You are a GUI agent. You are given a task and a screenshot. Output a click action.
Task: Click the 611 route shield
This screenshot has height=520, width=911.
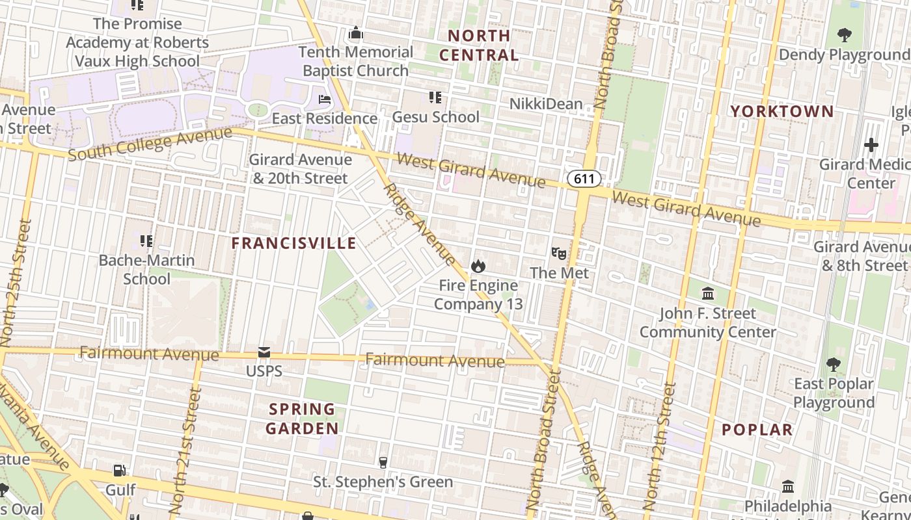pos(584,179)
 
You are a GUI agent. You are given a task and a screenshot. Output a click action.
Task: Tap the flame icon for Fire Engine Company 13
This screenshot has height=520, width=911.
pos(478,266)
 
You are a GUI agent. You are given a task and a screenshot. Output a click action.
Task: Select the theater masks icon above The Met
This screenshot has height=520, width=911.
pos(558,253)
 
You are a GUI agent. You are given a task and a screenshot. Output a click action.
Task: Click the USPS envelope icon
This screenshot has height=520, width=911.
pos(264,352)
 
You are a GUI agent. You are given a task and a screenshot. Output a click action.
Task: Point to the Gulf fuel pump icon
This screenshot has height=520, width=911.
pos(120,470)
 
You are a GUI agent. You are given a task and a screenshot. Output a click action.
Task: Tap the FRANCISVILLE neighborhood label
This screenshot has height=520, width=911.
pos(294,243)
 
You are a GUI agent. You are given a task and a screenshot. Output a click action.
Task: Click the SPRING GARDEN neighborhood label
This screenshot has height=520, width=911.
pos(303,419)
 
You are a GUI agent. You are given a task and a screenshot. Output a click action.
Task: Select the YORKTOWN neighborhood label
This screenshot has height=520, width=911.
pos(782,111)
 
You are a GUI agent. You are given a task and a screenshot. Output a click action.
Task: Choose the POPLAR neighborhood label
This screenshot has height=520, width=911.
pos(757,430)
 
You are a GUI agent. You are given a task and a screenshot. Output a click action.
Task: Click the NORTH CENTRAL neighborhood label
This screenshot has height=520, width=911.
pos(479,45)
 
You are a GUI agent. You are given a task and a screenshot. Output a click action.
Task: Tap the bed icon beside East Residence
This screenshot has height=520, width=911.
pos(325,99)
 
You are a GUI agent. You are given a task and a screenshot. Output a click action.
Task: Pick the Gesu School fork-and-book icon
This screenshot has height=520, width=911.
pos(435,97)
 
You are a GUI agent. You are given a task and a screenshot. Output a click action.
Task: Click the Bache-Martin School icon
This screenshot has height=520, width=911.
pos(146,241)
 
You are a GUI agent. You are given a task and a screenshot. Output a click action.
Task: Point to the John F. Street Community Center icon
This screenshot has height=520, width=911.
pos(708,293)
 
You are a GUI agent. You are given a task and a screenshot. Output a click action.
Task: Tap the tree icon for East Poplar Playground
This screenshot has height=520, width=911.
pos(834,364)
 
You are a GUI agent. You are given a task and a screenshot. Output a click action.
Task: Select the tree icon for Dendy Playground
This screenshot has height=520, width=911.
pos(845,34)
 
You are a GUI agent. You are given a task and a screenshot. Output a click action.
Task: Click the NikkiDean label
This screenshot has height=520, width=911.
pos(545,103)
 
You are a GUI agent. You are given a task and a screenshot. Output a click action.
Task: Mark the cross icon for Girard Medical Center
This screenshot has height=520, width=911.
pos(871,144)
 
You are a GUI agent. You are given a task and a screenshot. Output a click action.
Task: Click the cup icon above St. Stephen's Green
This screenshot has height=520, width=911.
pos(383,462)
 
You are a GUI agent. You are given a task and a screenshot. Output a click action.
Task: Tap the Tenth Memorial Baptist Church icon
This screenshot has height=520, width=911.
pos(356,32)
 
